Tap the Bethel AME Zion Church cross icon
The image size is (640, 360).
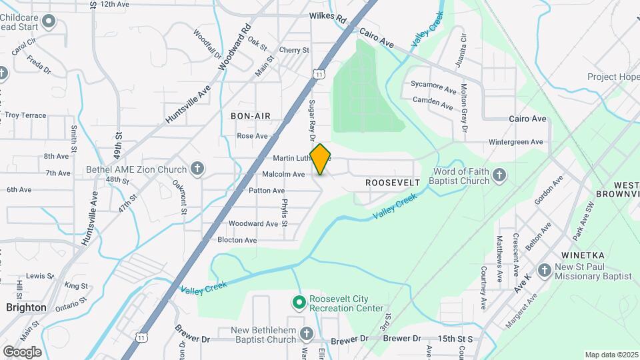coord(197,169)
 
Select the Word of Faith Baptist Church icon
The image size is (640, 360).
coord(501,175)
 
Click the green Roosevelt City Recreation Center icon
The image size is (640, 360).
coord(299,303)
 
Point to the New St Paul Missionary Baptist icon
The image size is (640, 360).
coord(545,270)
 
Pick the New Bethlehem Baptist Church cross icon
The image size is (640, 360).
coord(306,333)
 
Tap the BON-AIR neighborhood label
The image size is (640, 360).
coord(250,116)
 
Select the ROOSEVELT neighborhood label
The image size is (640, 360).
coord(393,182)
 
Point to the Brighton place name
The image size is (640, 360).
coord(26,307)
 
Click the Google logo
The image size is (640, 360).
coord(22,351)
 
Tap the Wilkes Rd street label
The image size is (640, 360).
coord(327,17)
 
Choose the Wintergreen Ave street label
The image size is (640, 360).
coord(515,142)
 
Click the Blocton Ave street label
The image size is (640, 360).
coord(237,240)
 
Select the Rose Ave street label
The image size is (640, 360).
coord(252,136)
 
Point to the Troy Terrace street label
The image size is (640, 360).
coord(25,115)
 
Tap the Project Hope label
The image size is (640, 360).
coord(613,77)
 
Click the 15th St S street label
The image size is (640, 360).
coord(455,339)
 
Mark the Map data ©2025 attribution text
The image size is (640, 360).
coord(611,355)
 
